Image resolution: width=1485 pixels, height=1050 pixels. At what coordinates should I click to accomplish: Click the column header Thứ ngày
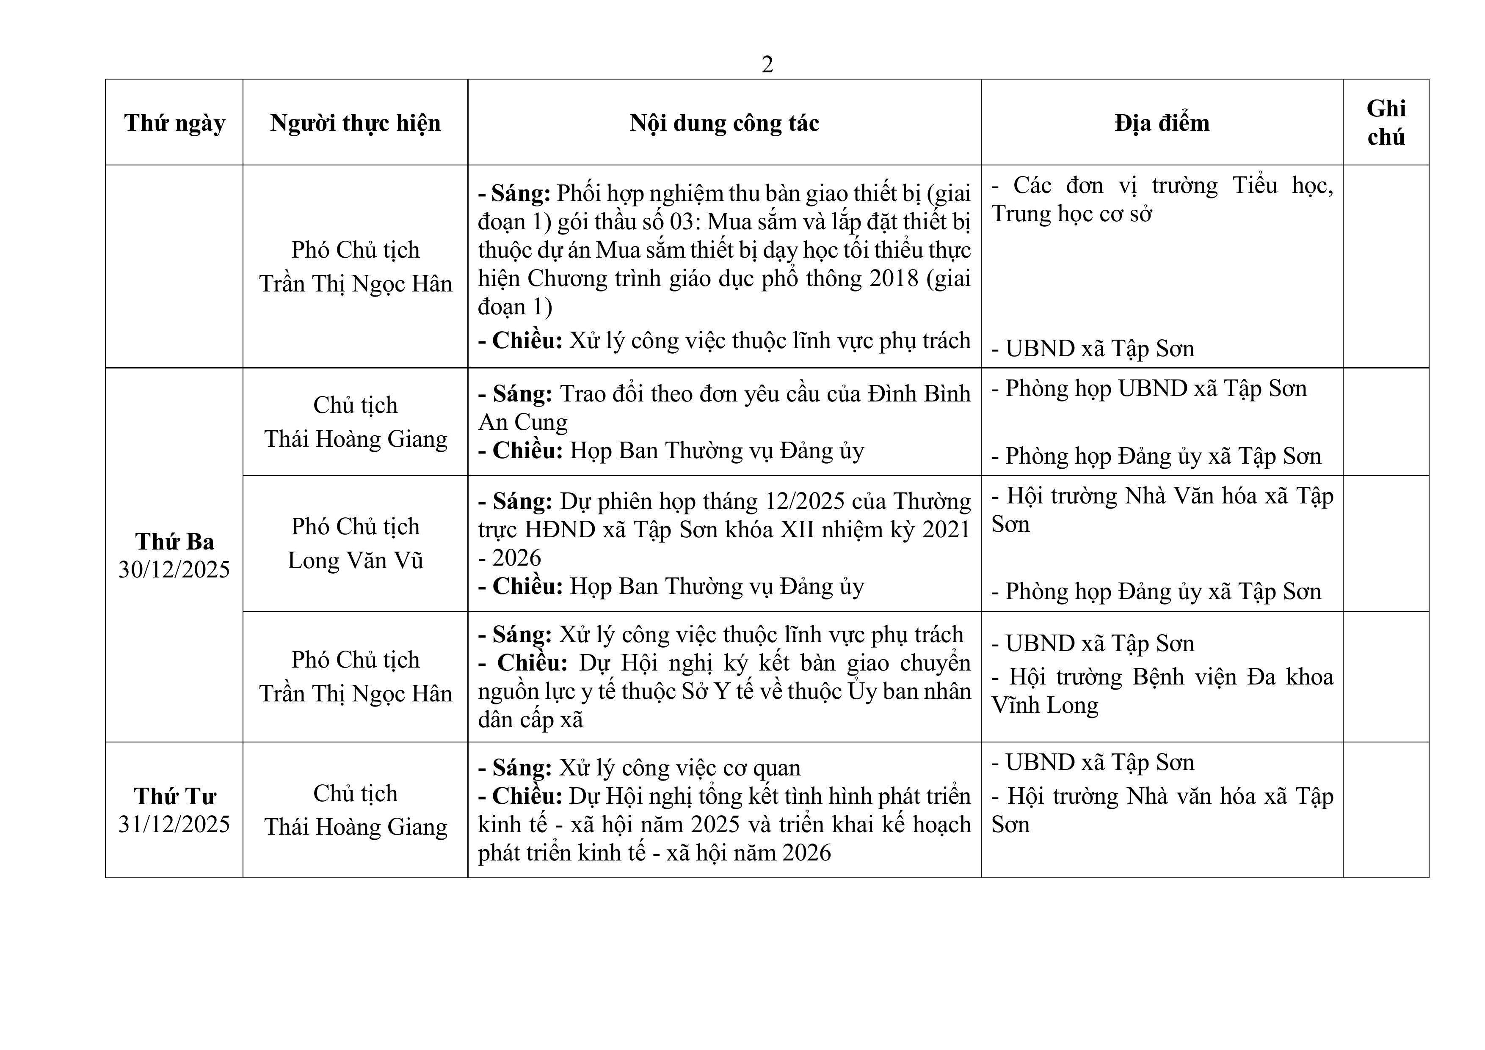click(x=175, y=123)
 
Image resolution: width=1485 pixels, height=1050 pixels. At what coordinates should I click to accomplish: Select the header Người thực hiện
click(x=355, y=123)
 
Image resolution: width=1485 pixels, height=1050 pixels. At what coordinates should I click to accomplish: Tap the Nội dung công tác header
click(x=724, y=123)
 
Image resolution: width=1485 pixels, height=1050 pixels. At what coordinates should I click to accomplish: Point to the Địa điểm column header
click(x=1162, y=123)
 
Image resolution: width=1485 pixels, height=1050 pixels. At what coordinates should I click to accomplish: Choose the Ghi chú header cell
click(x=1386, y=123)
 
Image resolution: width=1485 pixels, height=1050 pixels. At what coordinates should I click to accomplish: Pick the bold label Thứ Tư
click(x=175, y=796)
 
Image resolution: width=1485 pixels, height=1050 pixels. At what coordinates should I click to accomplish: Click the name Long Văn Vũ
click(x=355, y=561)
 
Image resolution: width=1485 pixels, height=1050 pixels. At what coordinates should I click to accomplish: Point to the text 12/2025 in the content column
click(x=805, y=502)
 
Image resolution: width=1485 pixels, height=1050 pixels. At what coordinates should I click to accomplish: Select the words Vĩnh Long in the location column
click(x=1045, y=705)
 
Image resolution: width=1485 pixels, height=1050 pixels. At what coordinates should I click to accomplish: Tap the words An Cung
click(x=523, y=422)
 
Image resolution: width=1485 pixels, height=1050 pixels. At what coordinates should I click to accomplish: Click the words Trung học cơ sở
click(x=1072, y=214)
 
